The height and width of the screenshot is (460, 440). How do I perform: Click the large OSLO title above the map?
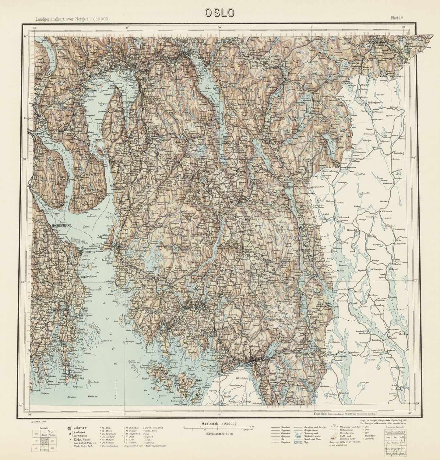coord(220,12)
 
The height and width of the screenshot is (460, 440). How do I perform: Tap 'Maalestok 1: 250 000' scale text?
coord(219,423)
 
